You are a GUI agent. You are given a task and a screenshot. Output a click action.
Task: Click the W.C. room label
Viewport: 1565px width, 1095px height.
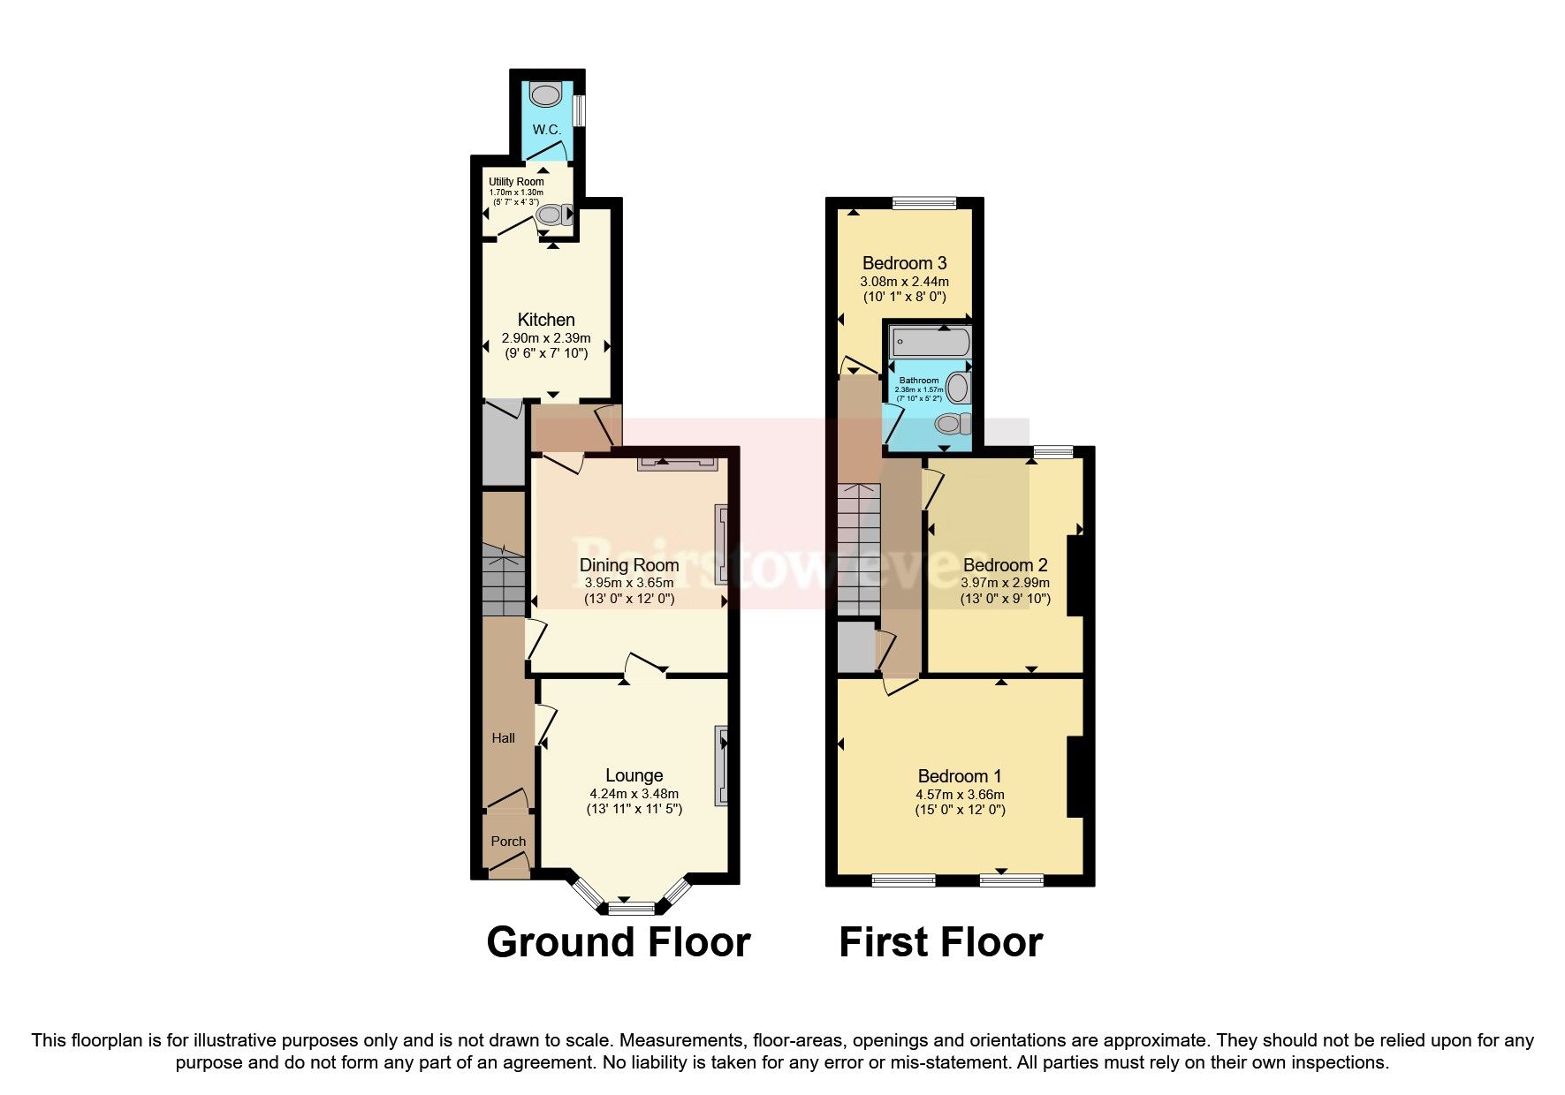click(546, 130)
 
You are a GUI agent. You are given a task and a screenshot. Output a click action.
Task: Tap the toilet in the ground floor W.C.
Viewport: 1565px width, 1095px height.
click(542, 94)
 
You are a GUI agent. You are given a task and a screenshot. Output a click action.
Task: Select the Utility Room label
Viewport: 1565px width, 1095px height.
click(516, 182)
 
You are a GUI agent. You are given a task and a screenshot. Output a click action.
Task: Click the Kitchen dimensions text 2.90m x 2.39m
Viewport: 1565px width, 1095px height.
click(545, 338)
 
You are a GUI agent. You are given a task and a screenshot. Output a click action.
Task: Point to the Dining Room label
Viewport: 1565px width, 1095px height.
click(628, 565)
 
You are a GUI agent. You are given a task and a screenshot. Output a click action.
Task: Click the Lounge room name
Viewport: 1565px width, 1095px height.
click(634, 776)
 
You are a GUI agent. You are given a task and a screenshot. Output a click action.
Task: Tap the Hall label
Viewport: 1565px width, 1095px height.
click(503, 738)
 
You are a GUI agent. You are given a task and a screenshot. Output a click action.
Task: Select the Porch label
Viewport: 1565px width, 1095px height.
click(508, 842)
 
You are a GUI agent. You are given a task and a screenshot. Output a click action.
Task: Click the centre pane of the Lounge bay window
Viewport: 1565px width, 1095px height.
click(632, 907)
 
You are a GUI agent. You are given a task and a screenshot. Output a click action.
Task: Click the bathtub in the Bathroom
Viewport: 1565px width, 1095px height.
click(931, 342)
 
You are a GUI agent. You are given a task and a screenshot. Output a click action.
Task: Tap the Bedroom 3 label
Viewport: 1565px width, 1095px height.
click(904, 263)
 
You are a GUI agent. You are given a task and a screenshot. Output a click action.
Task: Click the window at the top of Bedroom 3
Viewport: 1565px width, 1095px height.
click(924, 203)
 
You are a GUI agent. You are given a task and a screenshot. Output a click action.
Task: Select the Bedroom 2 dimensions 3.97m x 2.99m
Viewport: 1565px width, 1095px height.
click(1005, 583)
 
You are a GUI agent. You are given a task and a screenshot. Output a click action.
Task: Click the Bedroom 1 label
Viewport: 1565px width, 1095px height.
click(959, 776)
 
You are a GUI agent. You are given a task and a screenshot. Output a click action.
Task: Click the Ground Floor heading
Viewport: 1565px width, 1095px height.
click(618, 942)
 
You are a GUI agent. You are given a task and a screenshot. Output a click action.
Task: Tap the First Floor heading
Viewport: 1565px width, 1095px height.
click(940, 942)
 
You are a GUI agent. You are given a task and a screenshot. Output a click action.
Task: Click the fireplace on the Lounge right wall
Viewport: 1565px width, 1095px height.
click(722, 766)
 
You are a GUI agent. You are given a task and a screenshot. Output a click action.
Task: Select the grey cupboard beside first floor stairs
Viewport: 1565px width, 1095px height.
click(855, 648)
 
